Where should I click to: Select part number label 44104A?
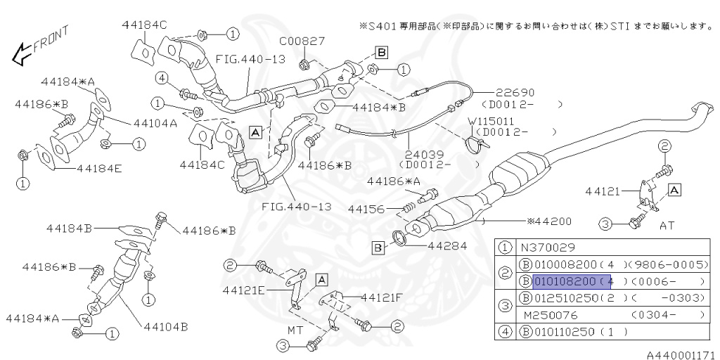coord(153,122)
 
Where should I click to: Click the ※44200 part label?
coord(551,221)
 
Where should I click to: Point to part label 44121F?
coord(381,297)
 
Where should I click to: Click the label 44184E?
coord(99,169)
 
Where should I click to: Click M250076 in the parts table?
coord(546,315)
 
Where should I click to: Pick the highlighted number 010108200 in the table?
coord(565,281)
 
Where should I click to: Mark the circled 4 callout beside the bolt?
coord(162,78)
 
